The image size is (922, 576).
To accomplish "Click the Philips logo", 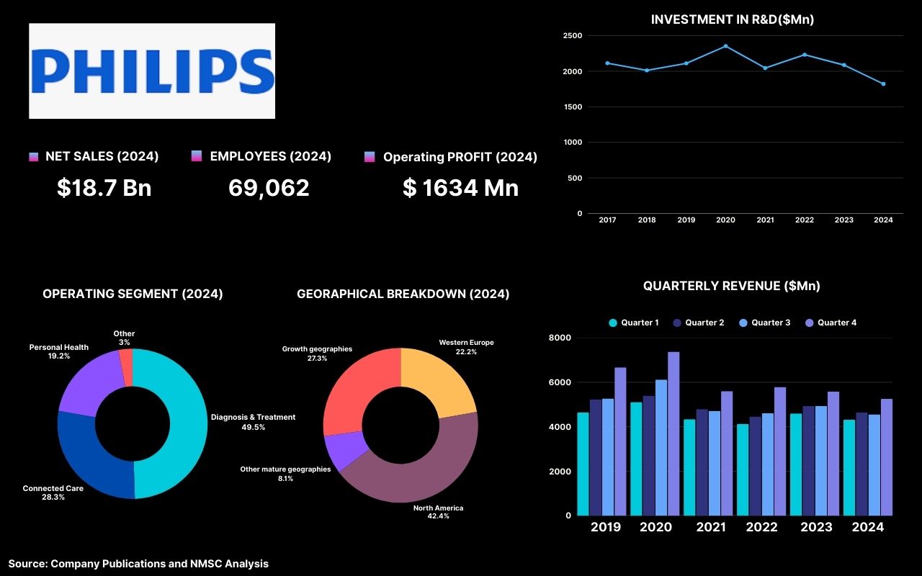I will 152,71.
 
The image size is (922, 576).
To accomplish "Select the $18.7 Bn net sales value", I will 104,188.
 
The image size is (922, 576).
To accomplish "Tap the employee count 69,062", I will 269,188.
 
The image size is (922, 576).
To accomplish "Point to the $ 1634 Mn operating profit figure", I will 460,188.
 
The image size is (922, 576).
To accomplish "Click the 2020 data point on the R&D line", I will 725,46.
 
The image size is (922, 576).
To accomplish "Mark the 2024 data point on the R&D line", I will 883,84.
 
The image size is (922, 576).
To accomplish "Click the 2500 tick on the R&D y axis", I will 573,35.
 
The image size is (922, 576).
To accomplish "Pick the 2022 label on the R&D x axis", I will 804,220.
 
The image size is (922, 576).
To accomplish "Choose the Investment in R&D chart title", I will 732,19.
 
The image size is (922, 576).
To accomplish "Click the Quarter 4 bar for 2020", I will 673,433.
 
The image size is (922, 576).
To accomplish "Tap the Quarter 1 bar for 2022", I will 743,469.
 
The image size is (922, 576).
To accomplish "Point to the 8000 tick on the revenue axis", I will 560,338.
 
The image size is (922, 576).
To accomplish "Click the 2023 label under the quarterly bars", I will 816,527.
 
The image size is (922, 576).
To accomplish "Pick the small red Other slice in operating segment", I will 126,358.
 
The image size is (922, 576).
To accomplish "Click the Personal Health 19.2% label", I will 59,351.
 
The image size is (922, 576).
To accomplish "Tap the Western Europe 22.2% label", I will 466,347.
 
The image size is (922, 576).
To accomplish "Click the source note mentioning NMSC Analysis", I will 138,564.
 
